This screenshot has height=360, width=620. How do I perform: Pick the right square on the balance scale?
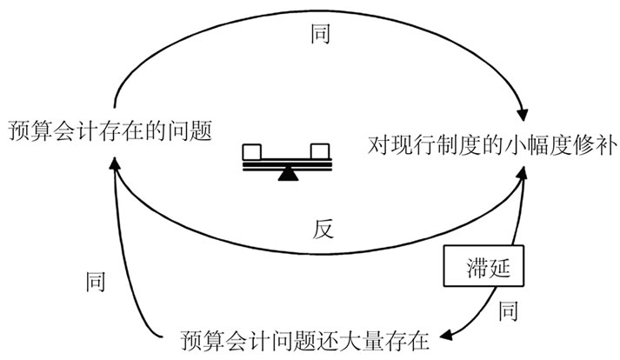click(x=320, y=152)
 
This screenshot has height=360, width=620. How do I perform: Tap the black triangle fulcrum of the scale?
click(x=286, y=175)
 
